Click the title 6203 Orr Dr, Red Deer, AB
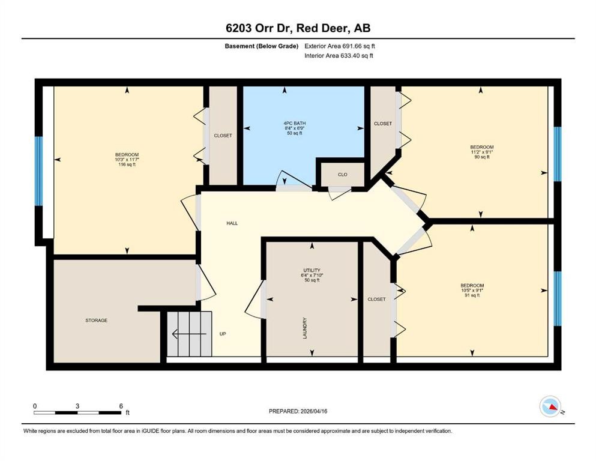[x=298, y=28]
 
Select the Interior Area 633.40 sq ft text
[x=339, y=56]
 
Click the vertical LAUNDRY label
[x=305, y=328]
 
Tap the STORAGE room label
[x=96, y=321]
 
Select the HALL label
[x=232, y=223]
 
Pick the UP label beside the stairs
[x=223, y=334]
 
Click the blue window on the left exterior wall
[x=39, y=171]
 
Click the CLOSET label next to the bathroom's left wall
[x=223, y=136]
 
